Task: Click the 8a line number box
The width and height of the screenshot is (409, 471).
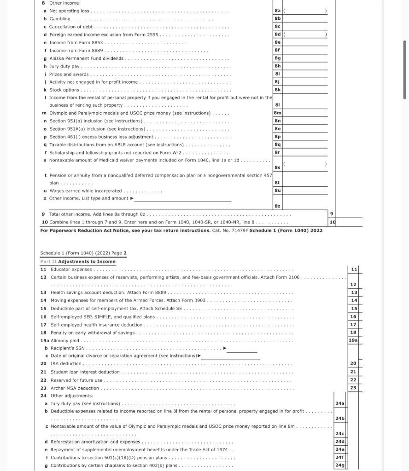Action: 277,11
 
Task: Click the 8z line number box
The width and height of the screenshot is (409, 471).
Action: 277,206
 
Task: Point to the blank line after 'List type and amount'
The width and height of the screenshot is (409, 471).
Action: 183,199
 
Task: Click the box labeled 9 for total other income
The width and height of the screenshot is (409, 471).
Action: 332,214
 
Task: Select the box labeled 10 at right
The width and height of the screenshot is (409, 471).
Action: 333,222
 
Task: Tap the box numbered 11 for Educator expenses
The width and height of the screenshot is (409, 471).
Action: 354,269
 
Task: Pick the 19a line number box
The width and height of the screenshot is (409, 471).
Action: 353,340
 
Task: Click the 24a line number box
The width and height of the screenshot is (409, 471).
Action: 339,403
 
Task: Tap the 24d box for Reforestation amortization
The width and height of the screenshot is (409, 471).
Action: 339,442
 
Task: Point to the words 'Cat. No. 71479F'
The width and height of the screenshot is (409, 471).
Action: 230,230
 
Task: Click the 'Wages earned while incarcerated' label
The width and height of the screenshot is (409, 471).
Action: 86,191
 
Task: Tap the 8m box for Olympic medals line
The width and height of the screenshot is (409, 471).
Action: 277,113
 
